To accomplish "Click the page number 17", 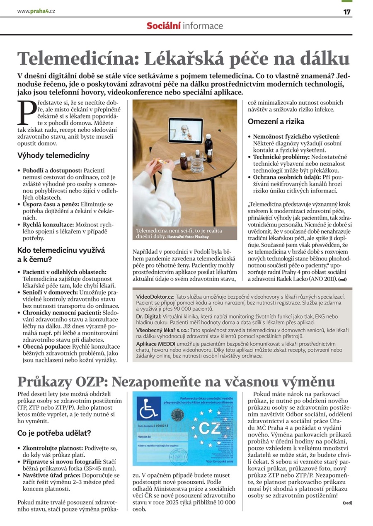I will (x=347, y=12).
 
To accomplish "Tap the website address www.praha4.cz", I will (x=36, y=11).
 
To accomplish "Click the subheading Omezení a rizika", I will (x=276, y=121).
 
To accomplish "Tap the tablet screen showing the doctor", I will (x=185, y=130).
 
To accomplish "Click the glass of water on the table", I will (x=197, y=165).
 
